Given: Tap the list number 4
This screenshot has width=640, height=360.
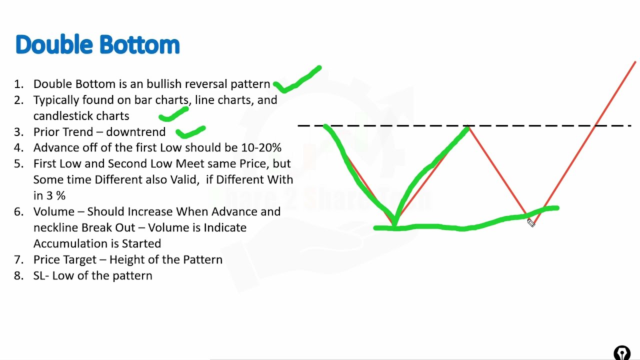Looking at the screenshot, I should click(x=19, y=148).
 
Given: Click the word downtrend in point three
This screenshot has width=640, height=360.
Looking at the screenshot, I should click(x=135, y=132).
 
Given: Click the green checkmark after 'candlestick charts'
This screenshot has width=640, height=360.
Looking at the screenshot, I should click(x=173, y=115).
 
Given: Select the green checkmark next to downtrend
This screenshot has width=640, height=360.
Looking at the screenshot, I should click(x=190, y=132).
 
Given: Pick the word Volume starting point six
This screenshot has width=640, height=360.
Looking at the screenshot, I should click(x=52, y=211).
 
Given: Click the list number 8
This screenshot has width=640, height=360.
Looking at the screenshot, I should click(x=19, y=275).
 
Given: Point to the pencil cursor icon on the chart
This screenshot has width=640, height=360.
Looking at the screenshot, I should click(x=531, y=222).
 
